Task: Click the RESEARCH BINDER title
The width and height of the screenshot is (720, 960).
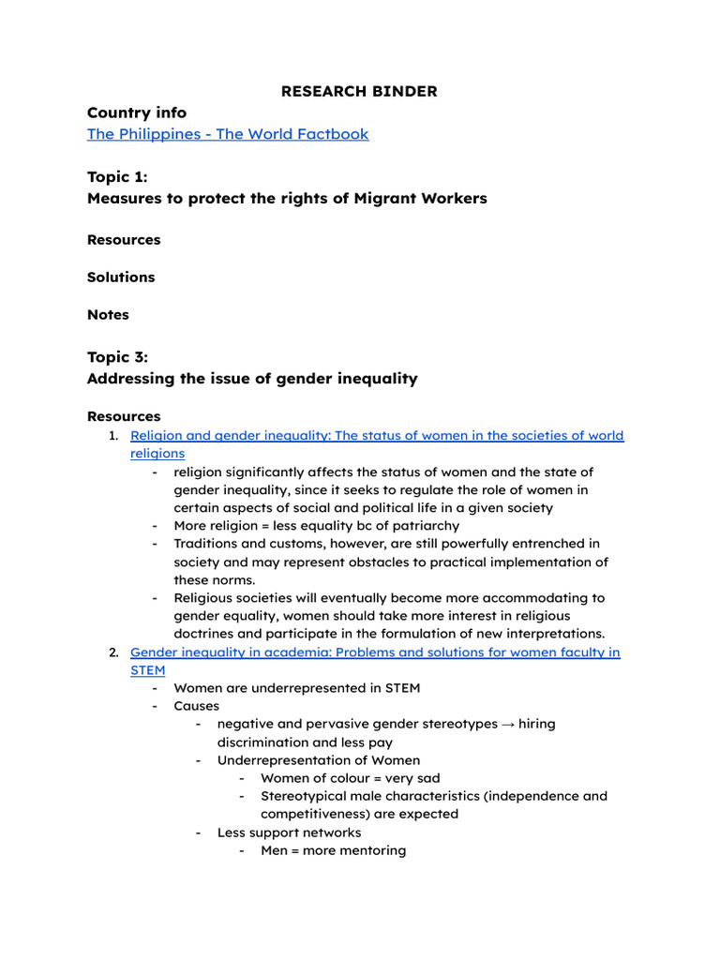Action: [x=360, y=91]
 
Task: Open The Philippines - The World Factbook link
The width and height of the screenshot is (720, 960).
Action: [x=228, y=134]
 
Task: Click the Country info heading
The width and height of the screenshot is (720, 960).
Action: [x=137, y=112]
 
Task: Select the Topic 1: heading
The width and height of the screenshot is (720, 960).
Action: [x=117, y=177]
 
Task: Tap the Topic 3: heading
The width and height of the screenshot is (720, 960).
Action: [x=117, y=357]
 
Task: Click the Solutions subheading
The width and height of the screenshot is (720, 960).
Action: [x=121, y=277]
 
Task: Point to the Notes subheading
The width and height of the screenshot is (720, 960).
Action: [x=108, y=315]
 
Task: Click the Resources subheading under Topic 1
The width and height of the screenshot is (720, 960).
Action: [x=124, y=240]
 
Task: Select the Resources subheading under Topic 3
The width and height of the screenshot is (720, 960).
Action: [x=124, y=416]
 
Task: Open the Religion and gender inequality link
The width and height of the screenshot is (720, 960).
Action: [x=376, y=436]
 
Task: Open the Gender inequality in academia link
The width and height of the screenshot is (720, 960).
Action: [x=374, y=652]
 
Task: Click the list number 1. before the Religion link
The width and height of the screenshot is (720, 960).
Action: [x=112, y=436]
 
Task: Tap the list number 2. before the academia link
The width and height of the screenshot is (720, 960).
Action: [x=112, y=652]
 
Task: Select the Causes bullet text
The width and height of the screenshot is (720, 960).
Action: [x=196, y=706]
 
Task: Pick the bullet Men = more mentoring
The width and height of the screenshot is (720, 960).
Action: [x=333, y=851]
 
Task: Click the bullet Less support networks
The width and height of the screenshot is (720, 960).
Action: [x=289, y=832]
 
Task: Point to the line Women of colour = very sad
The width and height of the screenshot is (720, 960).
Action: [x=350, y=778]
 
